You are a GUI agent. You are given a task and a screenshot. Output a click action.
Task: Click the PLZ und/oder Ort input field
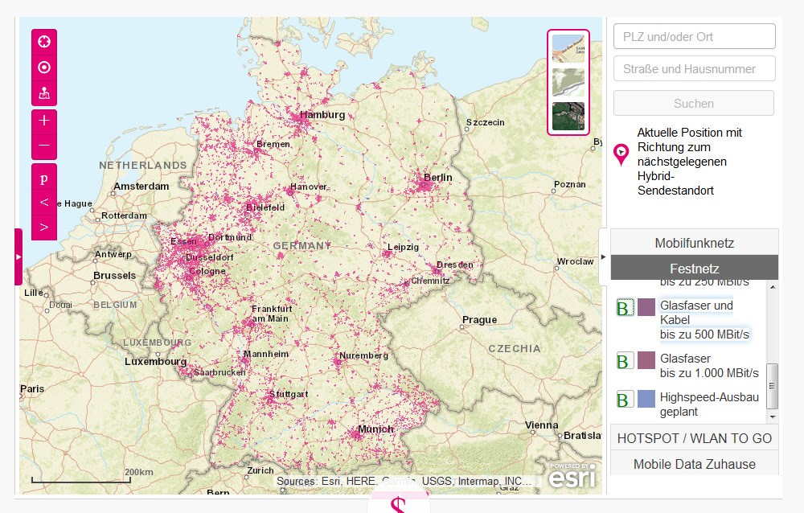[694, 36]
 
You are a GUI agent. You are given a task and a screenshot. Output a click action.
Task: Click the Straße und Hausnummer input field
[694, 69]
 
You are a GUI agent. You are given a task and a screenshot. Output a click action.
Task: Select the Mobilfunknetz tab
[694, 243]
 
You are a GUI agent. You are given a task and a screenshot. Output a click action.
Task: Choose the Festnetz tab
[694, 269]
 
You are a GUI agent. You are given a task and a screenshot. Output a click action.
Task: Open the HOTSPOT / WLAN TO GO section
[694, 438]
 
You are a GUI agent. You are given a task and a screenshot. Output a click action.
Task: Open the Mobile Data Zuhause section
[694, 464]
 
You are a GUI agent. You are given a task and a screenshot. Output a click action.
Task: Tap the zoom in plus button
[44, 121]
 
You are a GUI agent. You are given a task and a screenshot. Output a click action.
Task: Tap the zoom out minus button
[44, 146]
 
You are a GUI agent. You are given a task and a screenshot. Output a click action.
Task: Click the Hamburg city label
[322, 115]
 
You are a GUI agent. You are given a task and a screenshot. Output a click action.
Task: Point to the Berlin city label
[438, 177]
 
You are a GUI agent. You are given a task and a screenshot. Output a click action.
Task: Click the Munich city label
[375, 429]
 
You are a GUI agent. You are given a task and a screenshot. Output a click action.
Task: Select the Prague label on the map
[479, 320]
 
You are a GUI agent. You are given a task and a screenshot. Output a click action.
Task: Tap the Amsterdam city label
[142, 186]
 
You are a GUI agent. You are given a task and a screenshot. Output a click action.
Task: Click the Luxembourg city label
[155, 362]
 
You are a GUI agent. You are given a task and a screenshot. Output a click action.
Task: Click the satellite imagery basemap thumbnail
[568, 117]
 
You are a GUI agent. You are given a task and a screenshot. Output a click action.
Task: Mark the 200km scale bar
[80, 480]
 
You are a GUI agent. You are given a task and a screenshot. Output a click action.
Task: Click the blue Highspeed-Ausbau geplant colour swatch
[646, 398]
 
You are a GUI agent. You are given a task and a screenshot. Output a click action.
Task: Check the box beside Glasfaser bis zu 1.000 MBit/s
[625, 359]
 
